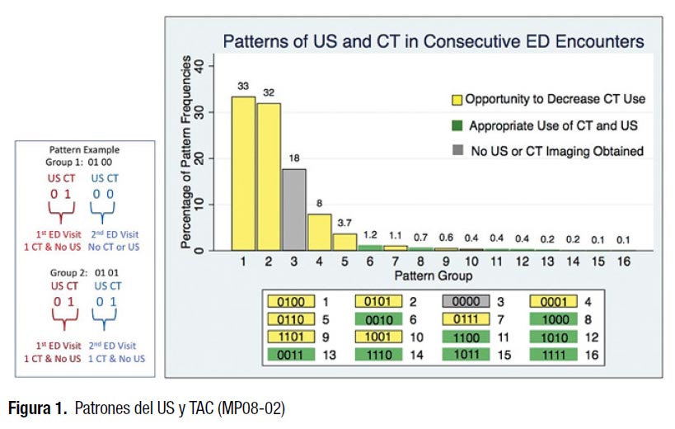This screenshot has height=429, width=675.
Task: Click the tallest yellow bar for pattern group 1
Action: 242,173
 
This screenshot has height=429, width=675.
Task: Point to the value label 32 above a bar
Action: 269,92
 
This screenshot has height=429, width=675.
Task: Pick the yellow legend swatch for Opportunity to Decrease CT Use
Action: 457,99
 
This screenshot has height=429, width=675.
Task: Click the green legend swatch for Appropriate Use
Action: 457,125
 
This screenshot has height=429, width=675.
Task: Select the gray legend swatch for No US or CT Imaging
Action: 457,151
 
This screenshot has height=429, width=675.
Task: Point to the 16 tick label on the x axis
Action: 624,262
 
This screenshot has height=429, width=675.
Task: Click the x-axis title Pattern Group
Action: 420,274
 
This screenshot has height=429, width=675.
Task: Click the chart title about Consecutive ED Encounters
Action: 434,40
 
